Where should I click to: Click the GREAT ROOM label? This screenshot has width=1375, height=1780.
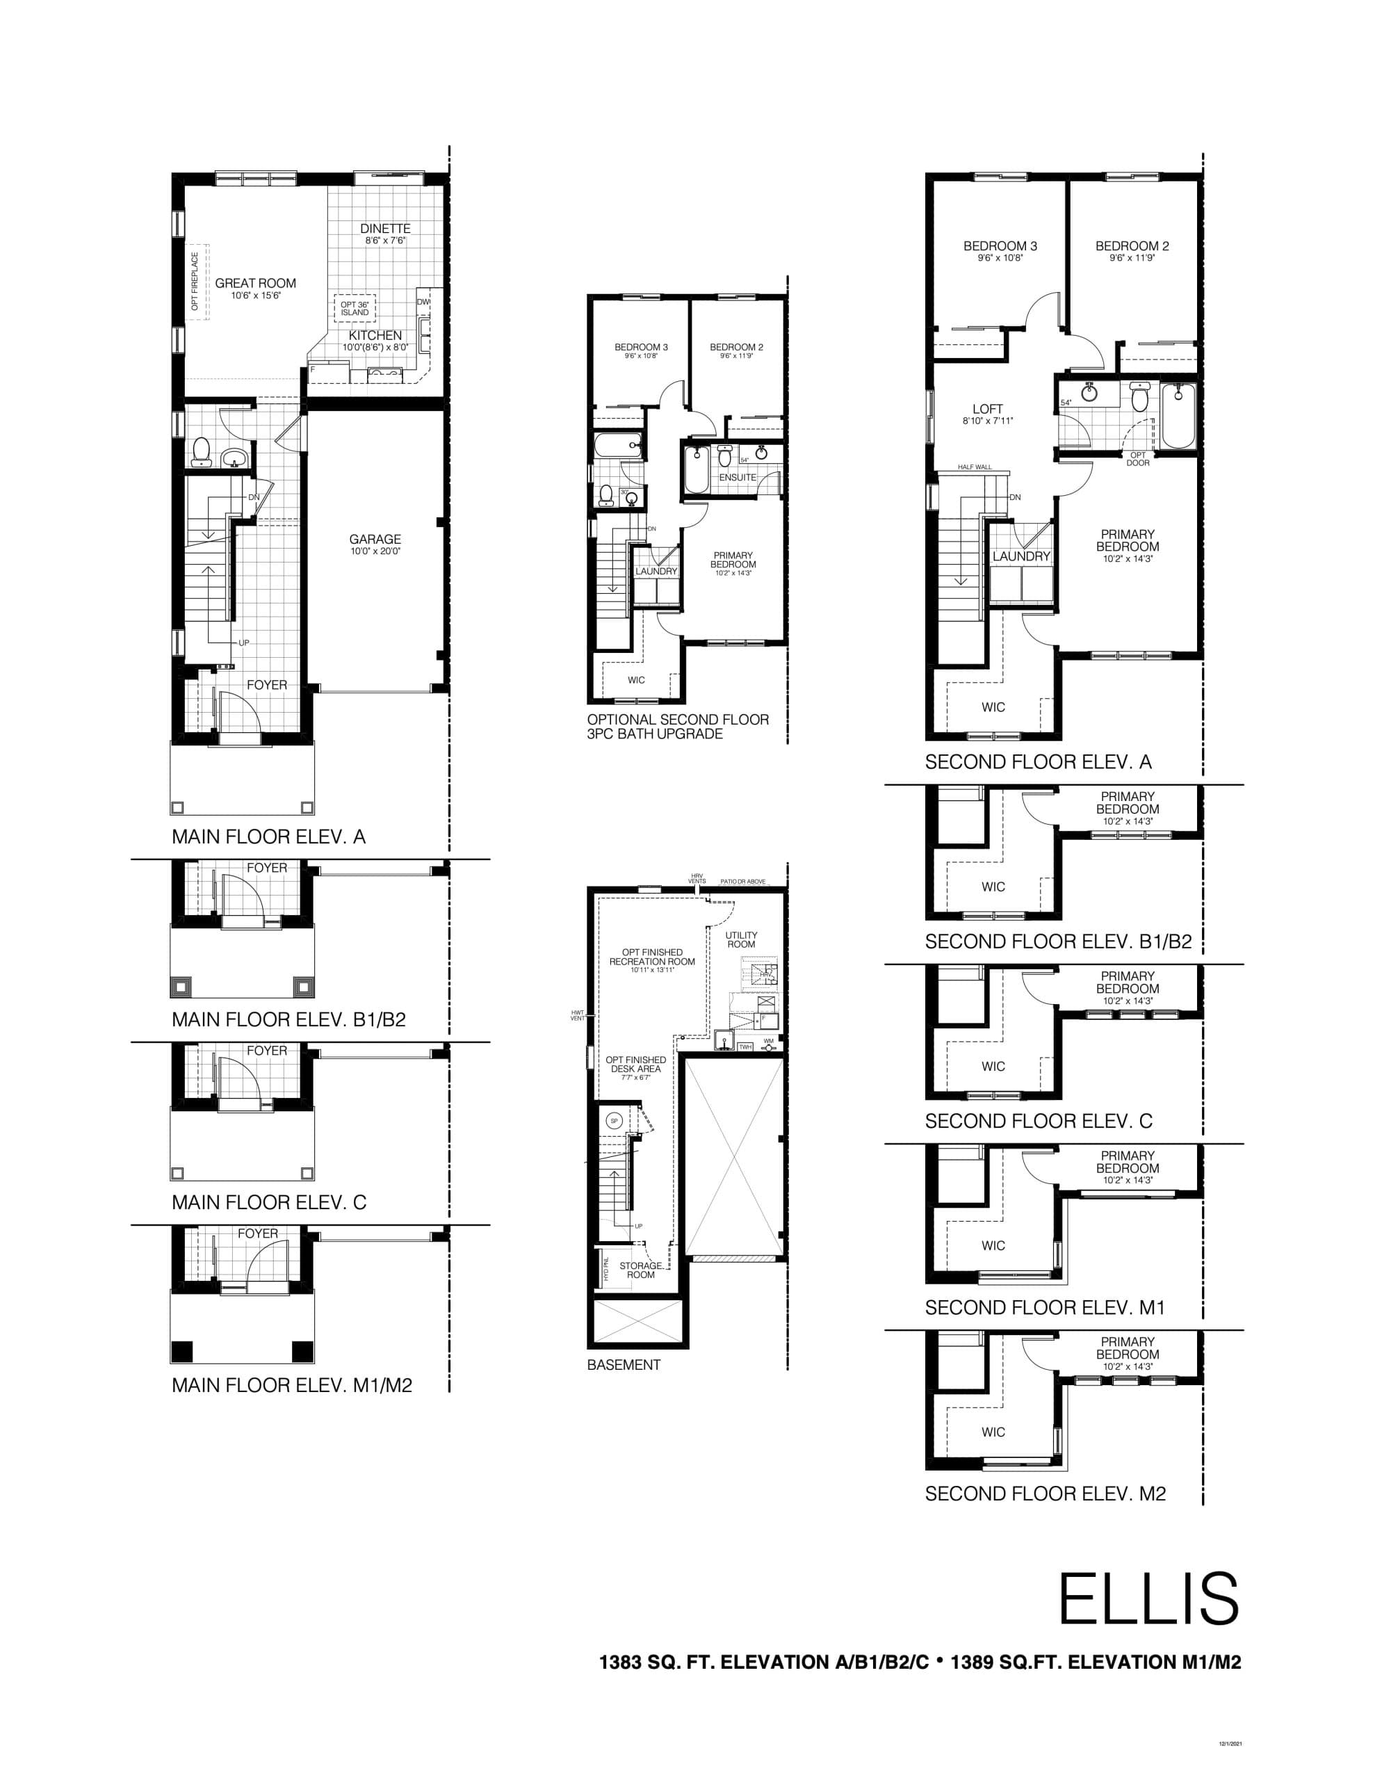pyautogui.click(x=255, y=284)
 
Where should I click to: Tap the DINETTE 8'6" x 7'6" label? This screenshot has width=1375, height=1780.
pyautogui.click(x=384, y=233)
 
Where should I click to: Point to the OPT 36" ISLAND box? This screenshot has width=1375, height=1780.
pyautogui.click(x=355, y=308)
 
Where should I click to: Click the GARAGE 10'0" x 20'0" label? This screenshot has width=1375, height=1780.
pyautogui.click(x=375, y=544)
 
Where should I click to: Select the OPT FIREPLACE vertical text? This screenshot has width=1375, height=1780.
pyautogui.click(x=195, y=281)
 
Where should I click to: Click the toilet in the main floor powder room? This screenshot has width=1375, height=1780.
pyautogui.click(x=200, y=453)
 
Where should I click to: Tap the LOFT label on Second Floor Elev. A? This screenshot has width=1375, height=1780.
pyautogui.click(x=987, y=409)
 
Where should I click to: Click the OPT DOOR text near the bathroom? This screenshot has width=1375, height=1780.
pyautogui.click(x=1137, y=459)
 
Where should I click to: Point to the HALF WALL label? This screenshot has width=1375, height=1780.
pyautogui.click(x=975, y=467)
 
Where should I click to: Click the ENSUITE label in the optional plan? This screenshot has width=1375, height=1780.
pyautogui.click(x=737, y=478)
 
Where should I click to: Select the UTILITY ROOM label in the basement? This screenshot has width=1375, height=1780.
pyautogui.click(x=741, y=940)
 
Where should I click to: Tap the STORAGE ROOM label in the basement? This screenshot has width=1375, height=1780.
pyautogui.click(x=641, y=1270)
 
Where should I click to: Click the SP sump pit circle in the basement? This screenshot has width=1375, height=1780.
pyautogui.click(x=615, y=1121)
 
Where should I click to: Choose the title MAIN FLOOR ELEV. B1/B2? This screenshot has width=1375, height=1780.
pyautogui.click(x=288, y=1019)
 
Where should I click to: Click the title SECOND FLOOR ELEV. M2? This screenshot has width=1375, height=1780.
pyautogui.click(x=1045, y=1493)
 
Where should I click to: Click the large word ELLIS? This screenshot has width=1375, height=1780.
pyautogui.click(x=1148, y=1599)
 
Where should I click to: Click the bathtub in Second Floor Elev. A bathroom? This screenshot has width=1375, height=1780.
pyautogui.click(x=1178, y=416)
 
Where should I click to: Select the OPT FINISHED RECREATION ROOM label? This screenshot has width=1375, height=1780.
pyautogui.click(x=652, y=957)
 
